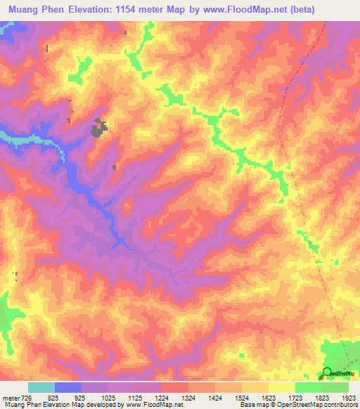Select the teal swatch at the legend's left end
coord(41,387)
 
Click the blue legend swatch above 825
coord(68,387)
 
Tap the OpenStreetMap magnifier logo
coord(328,372)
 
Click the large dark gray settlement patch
coord(99,128)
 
